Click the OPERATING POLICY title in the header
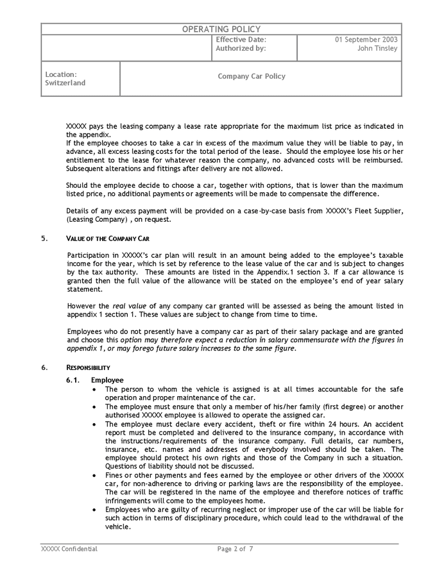pos(221,29)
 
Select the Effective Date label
pos(241,39)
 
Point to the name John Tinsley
pos(377,48)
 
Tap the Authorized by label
pos(241,48)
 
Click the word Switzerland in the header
pos(65,83)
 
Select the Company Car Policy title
pos(252,76)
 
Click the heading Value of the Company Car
pos(108,238)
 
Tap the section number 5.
pos(44,238)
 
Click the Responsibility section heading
pos(89,367)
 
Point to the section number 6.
pos(44,367)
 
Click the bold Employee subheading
pos(107,380)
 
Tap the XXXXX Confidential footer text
pos(69,549)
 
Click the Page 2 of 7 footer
pos(235,549)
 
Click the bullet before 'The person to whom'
pos(95,389)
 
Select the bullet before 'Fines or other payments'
pos(95,475)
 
